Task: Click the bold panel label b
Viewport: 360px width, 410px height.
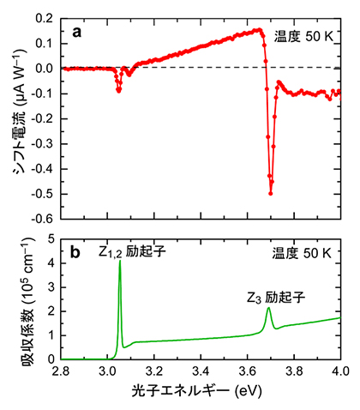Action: pyautogui.click(x=77, y=252)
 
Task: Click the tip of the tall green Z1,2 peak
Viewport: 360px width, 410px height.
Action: pyautogui.click(x=119, y=262)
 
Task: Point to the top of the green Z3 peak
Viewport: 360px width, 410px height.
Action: pyautogui.click(x=268, y=308)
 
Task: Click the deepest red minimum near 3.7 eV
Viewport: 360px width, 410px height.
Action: pyautogui.click(x=271, y=193)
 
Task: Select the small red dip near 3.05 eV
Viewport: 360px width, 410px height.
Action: pyautogui.click(x=118, y=89)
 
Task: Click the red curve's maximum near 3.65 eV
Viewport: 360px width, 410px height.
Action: pyautogui.click(x=260, y=30)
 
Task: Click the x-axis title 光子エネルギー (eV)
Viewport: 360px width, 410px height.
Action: pyautogui.click(x=201, y=394)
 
